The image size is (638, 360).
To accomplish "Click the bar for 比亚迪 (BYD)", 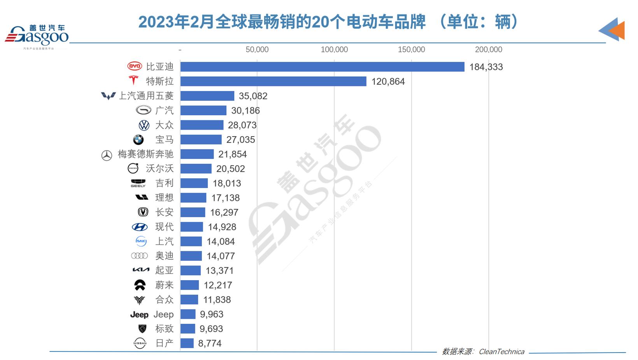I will coord(322,67).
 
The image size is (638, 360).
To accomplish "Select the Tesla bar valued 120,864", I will coord(273,81).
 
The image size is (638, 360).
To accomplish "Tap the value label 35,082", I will coord(253,96).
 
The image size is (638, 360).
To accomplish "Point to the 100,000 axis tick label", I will coord(334,50).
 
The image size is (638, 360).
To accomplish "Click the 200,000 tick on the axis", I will coord(489,50).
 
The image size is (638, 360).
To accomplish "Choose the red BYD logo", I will coord(135,67).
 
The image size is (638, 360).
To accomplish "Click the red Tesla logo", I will coord(133,80).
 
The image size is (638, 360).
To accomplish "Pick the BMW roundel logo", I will coord(138,140).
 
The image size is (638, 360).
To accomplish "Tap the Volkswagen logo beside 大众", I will coord(144,125).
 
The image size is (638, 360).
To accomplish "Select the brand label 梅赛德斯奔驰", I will coord(145,154).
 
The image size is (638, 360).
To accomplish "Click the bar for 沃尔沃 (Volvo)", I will coord(196,169).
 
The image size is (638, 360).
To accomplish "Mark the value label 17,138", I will coord(225,198).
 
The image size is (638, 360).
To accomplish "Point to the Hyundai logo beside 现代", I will coord(140,227).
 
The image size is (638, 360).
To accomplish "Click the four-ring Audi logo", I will coord(139,256).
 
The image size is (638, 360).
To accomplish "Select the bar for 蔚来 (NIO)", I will coord(189,285).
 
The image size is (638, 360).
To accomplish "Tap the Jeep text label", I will coord(163,314).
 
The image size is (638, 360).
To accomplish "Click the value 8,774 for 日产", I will coord(210,344).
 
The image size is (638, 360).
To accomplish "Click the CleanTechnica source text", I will coord(501,352).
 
